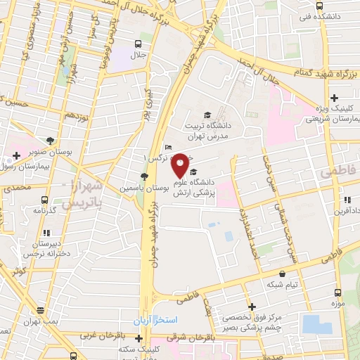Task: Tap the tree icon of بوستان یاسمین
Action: (144, 176)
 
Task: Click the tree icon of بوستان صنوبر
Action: (50, 140)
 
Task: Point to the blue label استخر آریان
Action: (158, 319)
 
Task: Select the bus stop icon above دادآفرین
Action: (341, 200)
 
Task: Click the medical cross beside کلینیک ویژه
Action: (335, 97)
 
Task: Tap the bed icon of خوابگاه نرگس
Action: (167, 147)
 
